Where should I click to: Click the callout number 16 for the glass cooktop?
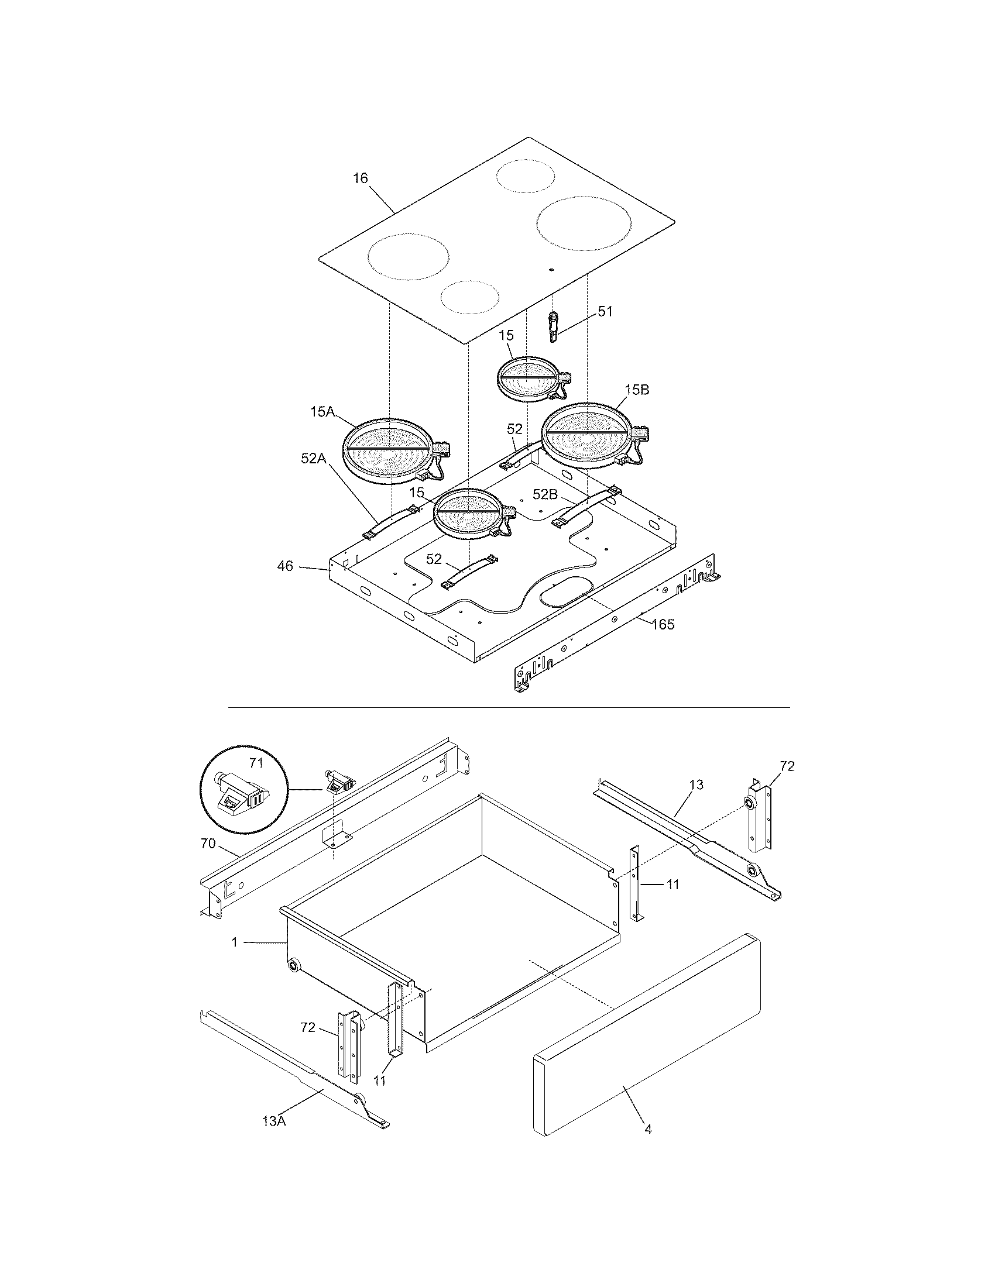(360, 178)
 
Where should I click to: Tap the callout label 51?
(605, 312)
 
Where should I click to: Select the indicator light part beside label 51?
(554, 327)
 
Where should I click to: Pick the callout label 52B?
(545, 494)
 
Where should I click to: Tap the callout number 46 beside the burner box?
(284, 566)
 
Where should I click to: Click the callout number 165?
(663, 624)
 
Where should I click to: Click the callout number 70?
(208, 844)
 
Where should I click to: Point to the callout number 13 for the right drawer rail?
(696, 785)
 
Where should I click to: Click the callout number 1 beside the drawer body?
(234, 943)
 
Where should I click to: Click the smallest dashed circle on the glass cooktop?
(470, 297)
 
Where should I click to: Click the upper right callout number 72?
(787, 766)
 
